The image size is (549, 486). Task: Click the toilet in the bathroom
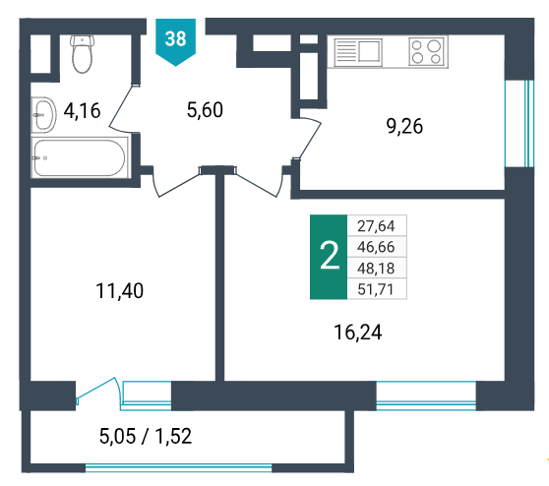click(83, 53)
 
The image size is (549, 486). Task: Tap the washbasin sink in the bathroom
click(44, 114)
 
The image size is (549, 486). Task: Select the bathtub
click(80, 157)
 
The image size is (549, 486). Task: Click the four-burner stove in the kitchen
click(426, 51)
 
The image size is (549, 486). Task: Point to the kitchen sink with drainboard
click(358, 52)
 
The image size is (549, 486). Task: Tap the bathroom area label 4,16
click(82, 111)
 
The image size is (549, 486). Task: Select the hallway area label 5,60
click(205, 110)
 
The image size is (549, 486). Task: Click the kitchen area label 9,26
click(404, 126)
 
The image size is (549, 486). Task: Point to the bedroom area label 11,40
click(119, 291)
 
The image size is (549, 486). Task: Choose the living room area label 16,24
click(358, 333)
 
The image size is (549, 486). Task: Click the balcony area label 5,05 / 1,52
click(146, 436)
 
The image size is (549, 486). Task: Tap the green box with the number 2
click(329, 257)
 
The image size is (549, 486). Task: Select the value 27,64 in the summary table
click(376, 226)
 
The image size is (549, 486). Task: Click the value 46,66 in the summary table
click(376, 247)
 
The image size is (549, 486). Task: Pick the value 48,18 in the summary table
click(376, 269)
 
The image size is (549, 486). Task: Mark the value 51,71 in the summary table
click(376, 289)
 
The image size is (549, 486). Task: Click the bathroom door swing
click(121, 107)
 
